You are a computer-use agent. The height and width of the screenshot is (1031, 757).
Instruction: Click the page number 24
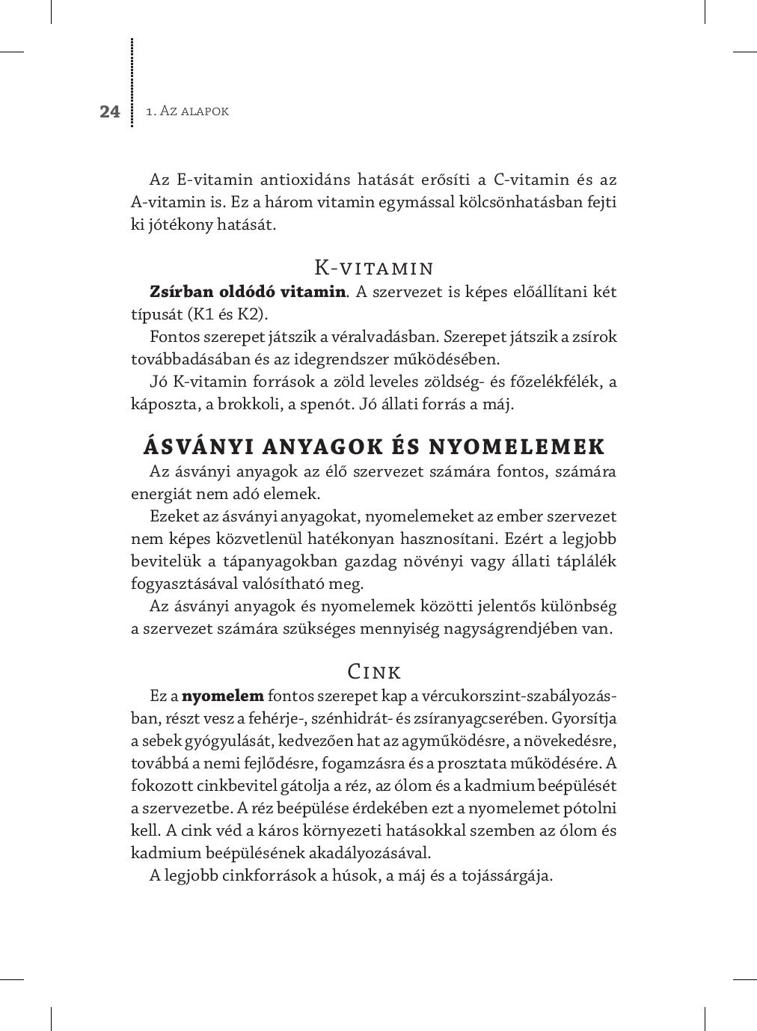[109, 111]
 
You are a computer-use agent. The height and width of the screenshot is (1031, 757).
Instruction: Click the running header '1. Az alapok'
[187, 111]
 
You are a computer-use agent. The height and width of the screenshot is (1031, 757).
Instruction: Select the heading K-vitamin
[373, 268]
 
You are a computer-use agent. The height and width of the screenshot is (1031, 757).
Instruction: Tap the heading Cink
[374, 671]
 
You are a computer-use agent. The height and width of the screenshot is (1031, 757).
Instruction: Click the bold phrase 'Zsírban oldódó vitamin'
[247, 291]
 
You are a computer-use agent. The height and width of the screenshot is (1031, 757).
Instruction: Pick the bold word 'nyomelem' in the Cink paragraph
[223, 696]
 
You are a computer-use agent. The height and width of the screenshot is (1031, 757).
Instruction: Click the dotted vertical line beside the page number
[132, 82]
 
